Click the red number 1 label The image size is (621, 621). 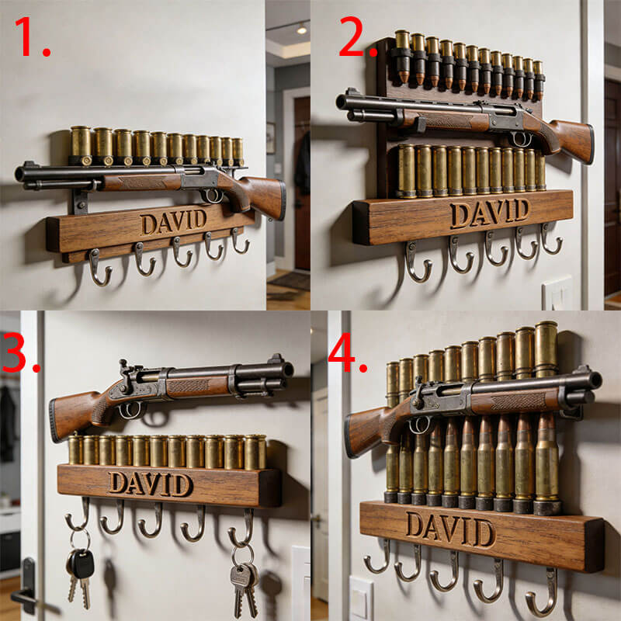coord(32,36)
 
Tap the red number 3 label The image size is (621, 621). coord(21,352)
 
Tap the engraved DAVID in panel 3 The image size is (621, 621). coord(151,484)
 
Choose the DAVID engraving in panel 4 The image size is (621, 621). coord(451,529)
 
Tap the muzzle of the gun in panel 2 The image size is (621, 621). coord(341,102)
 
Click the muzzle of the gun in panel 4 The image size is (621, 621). coord(595,380)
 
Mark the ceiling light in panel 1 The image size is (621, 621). coord(302,29)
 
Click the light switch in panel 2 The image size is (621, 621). coord(557,293)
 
